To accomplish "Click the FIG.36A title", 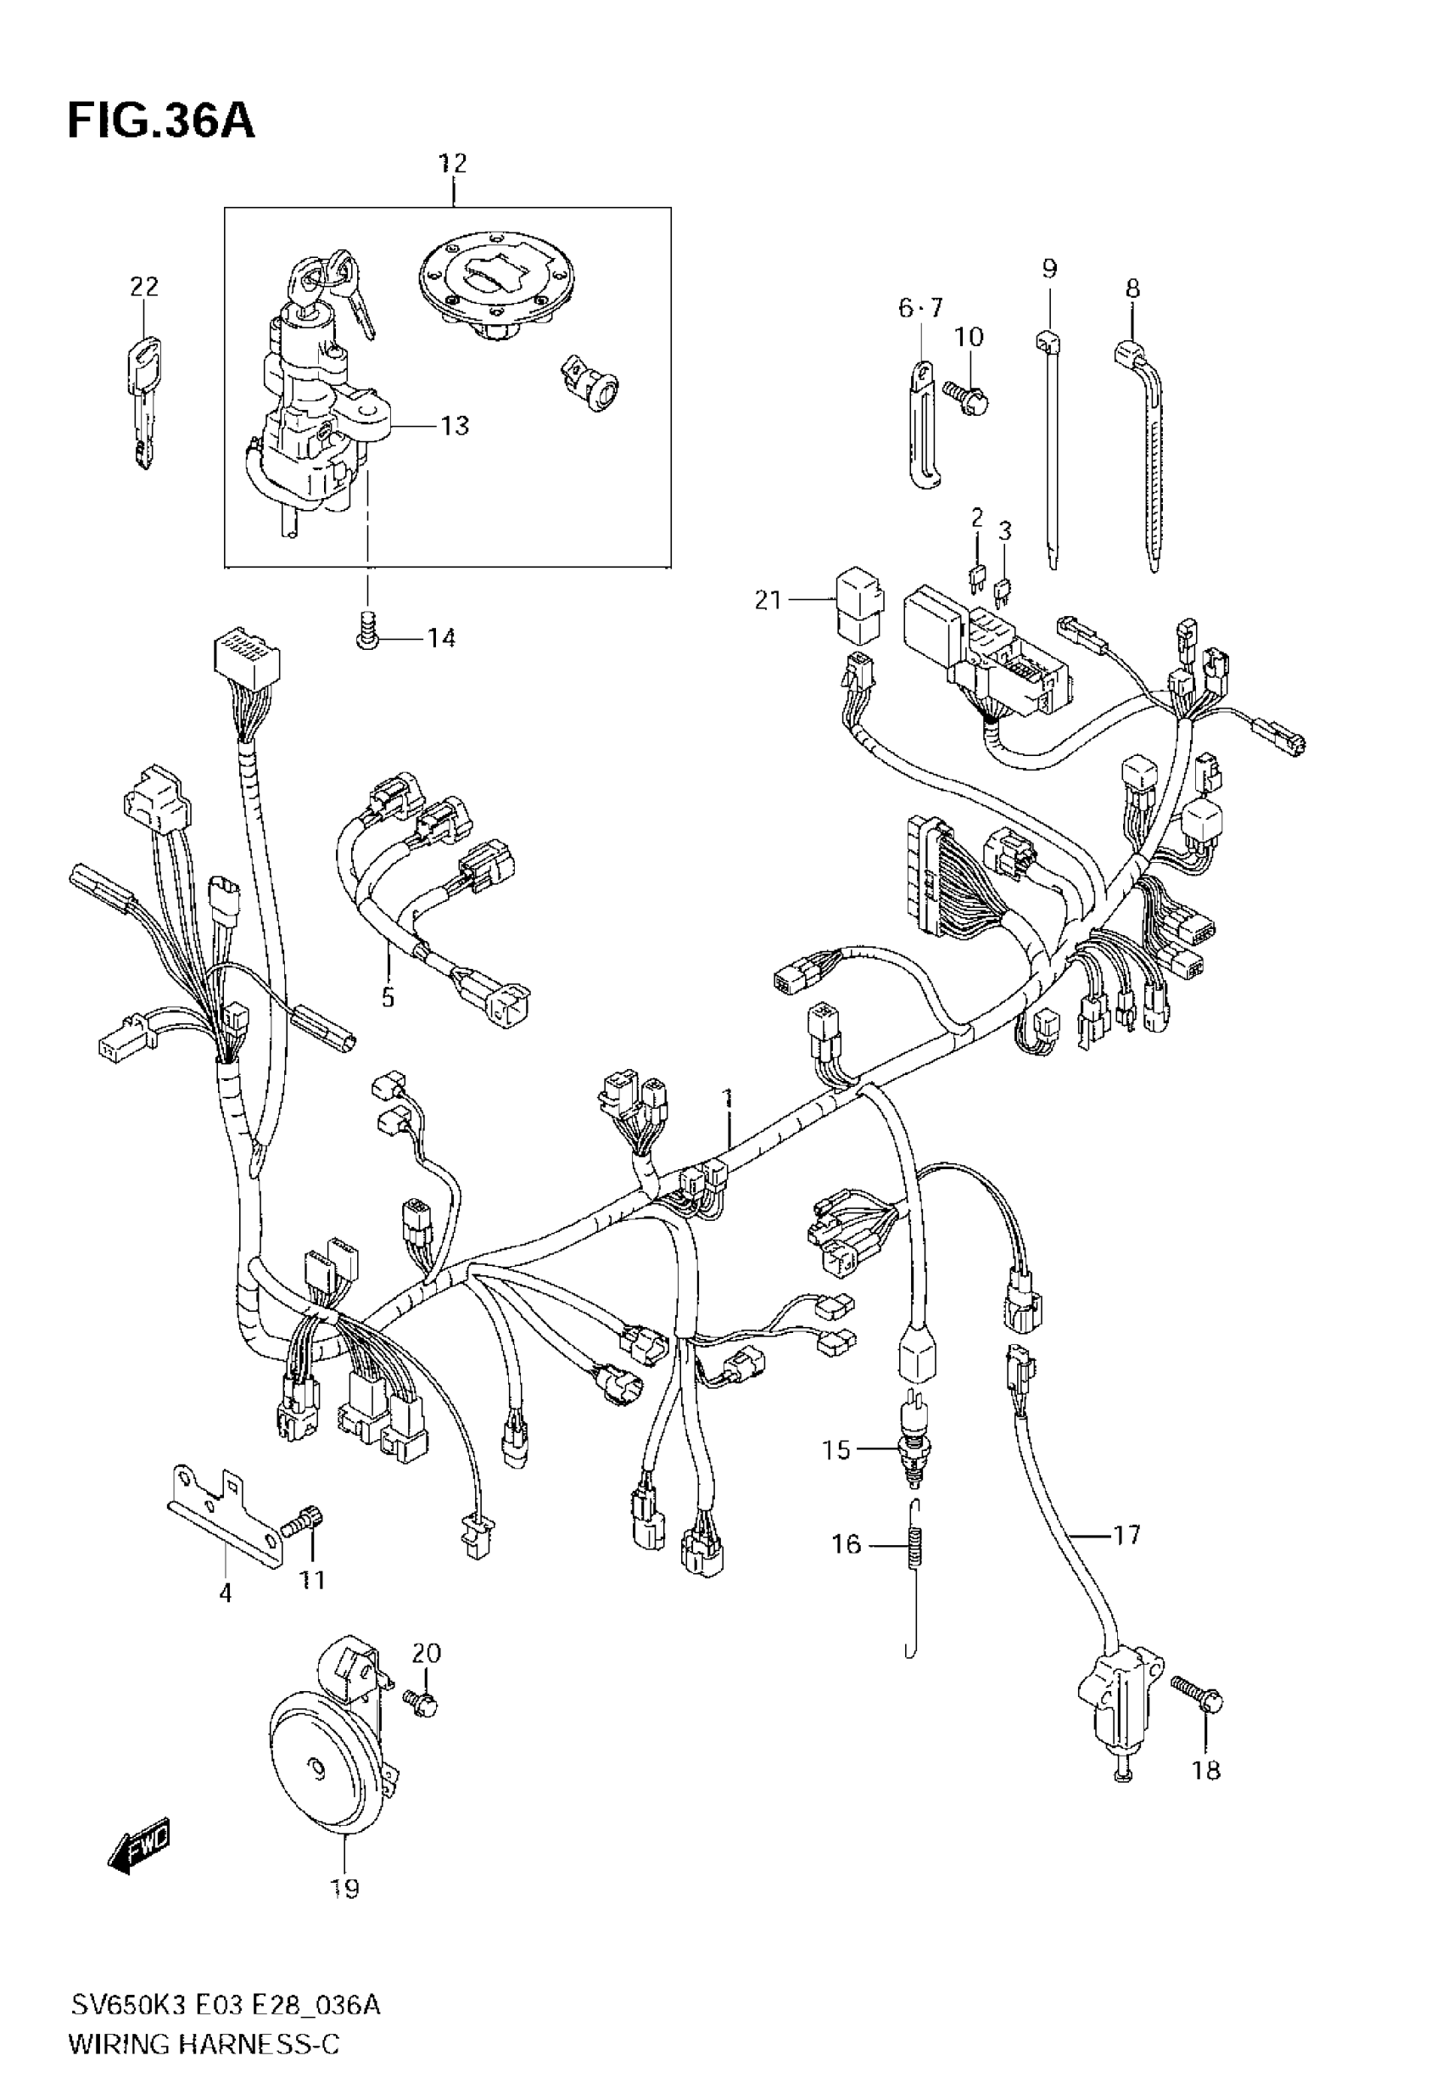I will tap(161, 121).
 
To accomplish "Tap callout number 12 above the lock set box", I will tap(452, 164).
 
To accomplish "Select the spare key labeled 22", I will tap(143, 401).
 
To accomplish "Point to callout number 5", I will tap(388, 998).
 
